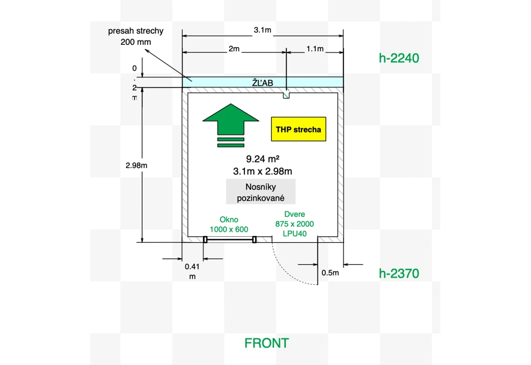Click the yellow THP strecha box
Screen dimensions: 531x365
coord(298,129)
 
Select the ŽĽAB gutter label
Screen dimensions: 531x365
coord(262,82)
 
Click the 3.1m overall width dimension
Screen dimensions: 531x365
coord(262,30)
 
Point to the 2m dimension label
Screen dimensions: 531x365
coord(234,49)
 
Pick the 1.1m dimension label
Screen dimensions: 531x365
coord(315,49)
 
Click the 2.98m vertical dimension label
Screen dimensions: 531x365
coord(136,165)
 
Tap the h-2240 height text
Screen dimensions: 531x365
coord(399,58)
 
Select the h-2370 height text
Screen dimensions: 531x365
coord(399,273)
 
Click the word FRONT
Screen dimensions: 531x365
coord(267,343)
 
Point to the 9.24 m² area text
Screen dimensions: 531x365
coord(262,159)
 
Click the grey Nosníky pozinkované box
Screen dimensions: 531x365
coord(261,192)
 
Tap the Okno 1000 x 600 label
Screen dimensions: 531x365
coord(229,225)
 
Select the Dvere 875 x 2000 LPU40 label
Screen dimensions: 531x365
coord(295,224)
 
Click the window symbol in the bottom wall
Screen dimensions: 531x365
coord(230,239)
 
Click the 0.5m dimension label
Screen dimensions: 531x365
coord(330,273)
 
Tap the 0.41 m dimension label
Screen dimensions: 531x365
coord(192,271)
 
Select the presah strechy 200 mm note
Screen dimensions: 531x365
coord(136,36)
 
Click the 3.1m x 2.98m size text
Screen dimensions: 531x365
coord(262,171)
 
